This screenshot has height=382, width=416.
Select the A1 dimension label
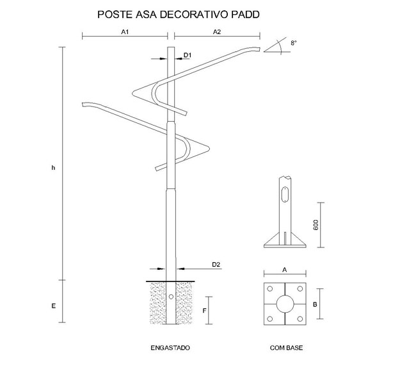point(125,31)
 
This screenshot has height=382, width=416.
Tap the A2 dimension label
point(216,31)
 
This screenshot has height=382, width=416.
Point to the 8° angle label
point(293,42)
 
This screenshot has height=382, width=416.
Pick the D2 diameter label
point(216,264)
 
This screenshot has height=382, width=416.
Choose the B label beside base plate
point(315,304)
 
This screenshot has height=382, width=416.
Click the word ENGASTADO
point(170,348)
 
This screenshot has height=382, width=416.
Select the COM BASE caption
point(286,348)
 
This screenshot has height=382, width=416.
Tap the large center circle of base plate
point(285,303)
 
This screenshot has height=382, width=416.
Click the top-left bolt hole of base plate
point(270,288)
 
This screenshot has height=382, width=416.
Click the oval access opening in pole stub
point(285,195)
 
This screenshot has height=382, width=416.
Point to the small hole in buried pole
point(171,297)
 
